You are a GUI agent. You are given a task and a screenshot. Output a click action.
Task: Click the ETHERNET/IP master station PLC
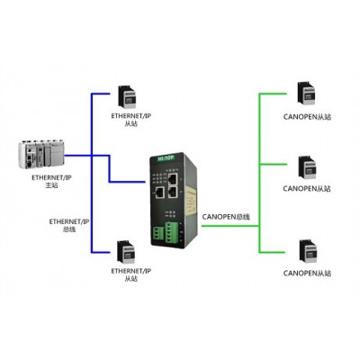(41, 154)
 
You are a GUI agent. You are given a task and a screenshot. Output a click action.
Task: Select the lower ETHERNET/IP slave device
(126, 251)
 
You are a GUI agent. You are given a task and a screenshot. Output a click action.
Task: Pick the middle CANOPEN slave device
(307, 167)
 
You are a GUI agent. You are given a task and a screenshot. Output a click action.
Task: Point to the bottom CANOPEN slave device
(308, 251)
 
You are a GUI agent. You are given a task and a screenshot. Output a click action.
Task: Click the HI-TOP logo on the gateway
(166, 158)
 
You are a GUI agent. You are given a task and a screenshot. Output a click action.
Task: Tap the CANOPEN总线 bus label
(226, 217)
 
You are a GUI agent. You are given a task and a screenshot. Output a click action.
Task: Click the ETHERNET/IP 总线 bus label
(69, 225)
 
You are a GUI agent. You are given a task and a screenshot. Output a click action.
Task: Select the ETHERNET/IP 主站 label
(51, 181)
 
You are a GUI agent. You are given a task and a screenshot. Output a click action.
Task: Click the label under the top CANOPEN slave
(307, 117)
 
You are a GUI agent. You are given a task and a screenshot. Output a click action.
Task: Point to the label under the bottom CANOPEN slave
(307, 273)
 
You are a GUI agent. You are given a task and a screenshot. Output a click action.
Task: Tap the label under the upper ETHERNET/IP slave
(131, 120)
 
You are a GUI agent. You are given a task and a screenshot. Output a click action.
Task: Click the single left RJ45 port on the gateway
(159, 193)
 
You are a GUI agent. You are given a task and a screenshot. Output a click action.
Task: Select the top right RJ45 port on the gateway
(172, 179)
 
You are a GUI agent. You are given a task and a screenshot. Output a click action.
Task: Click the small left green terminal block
(158, 234)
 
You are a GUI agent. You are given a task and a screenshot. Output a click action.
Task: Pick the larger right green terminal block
(172, 232)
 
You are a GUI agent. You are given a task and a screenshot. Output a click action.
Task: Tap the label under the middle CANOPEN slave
(307, 188)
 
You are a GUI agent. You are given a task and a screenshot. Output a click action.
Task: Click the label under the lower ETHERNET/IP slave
(131, 274)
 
